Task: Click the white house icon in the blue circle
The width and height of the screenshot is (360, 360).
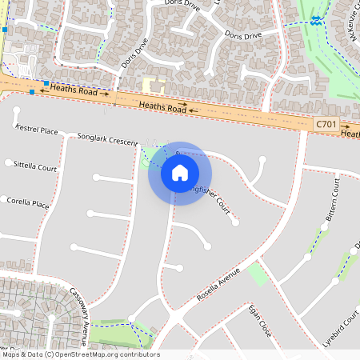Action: (179, 172)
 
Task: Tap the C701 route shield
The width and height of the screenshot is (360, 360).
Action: (326, 124)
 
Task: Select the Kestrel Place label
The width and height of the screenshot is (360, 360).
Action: (38, 130)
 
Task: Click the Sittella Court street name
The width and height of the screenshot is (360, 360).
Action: (35, 166)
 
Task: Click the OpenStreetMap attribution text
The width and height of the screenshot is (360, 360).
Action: (80, 354)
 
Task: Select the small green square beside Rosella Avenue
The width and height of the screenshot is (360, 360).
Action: (258, 274)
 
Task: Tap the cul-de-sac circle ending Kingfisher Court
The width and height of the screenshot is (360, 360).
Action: (235, 223)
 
